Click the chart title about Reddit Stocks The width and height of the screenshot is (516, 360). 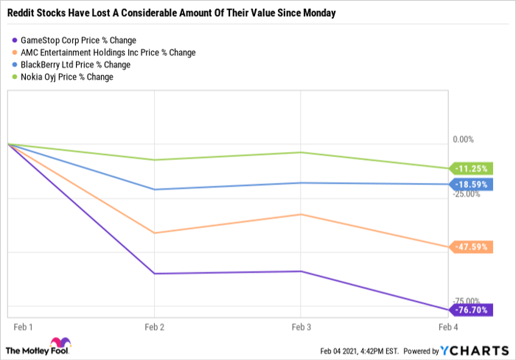(172, 13)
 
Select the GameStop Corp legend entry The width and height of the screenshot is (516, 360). (74, 40)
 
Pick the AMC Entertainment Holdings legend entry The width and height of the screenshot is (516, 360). (104, 52)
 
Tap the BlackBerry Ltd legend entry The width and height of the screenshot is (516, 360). (71, 65)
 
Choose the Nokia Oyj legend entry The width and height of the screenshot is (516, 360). (63, 77)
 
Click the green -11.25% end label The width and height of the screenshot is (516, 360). (471, 169)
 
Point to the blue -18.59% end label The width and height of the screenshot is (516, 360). (471, 184)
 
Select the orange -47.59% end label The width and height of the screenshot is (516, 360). (471, 247)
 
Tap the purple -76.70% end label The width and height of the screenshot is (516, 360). (471, 310)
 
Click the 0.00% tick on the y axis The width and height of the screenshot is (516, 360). (464, 139)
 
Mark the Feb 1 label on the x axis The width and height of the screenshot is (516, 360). (23, 327)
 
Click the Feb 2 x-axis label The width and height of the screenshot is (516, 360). (154, 327)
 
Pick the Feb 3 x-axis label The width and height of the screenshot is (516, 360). (301, 327)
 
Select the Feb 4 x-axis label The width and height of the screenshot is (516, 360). (448, 327)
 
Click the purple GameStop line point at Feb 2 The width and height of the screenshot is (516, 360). (154, 274)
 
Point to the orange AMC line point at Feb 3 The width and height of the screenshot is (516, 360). (301, 215)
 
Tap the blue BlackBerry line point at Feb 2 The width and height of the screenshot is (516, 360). (154, 190)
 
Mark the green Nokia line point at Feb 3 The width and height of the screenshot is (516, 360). (301, 152)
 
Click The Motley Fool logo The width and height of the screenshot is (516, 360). (38, 347)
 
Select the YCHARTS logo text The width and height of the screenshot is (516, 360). (475, 350)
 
